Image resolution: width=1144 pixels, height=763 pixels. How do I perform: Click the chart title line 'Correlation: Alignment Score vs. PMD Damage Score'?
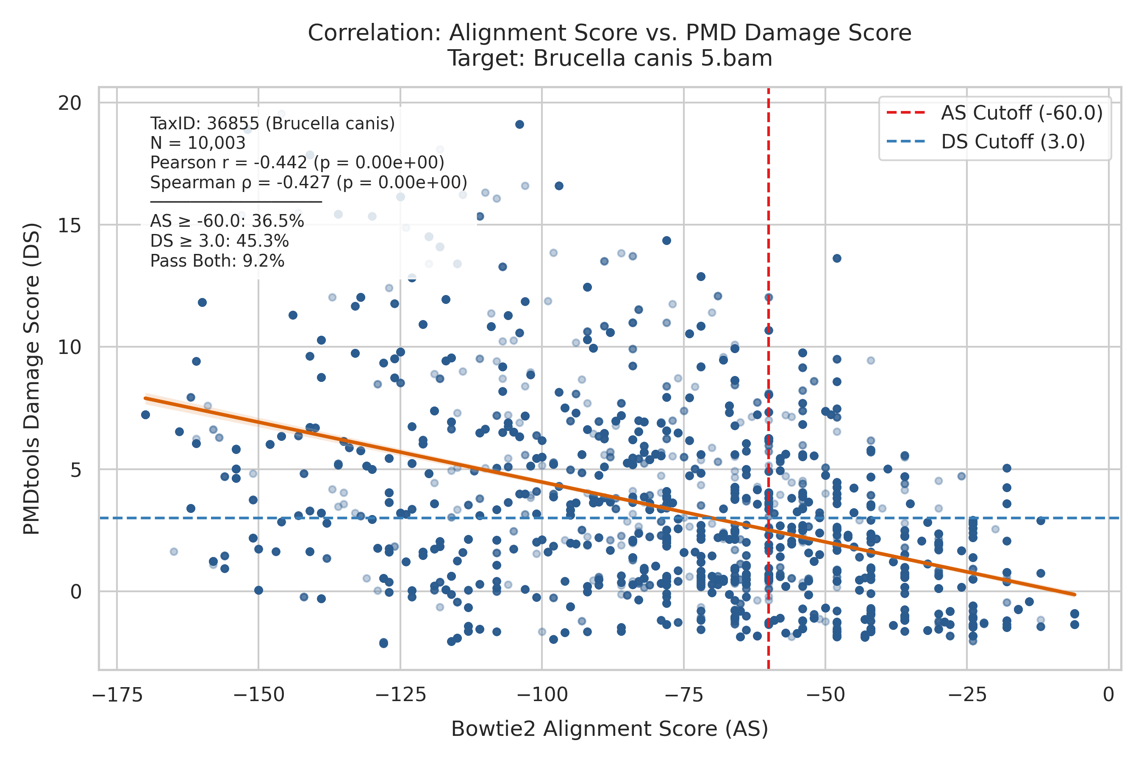pos(609,33)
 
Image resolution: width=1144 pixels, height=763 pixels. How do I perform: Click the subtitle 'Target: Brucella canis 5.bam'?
pos(609,58)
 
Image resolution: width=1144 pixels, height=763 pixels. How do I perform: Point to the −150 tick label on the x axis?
pos(258,695)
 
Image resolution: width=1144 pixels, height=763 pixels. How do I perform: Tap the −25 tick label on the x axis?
pos(966,695)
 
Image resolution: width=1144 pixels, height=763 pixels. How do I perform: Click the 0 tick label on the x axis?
pos(1108,695)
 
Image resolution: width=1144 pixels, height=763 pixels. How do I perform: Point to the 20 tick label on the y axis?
pos(69,103)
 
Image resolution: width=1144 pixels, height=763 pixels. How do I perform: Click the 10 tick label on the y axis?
pos(69,348)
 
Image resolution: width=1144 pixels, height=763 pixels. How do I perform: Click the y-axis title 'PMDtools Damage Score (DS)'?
pos(32,379)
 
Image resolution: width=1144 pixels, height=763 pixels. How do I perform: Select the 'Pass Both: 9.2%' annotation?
pos(217,261)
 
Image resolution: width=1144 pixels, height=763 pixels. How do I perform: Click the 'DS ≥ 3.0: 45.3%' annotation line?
pos(220,241)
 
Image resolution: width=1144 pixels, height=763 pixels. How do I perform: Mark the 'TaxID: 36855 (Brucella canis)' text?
pos(272,124)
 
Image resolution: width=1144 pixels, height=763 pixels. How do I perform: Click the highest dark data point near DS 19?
pos(519,125)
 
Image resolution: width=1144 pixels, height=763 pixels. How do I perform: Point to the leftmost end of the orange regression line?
pos(145,398)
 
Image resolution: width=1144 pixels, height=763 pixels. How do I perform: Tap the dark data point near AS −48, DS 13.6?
pos(836,259)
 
